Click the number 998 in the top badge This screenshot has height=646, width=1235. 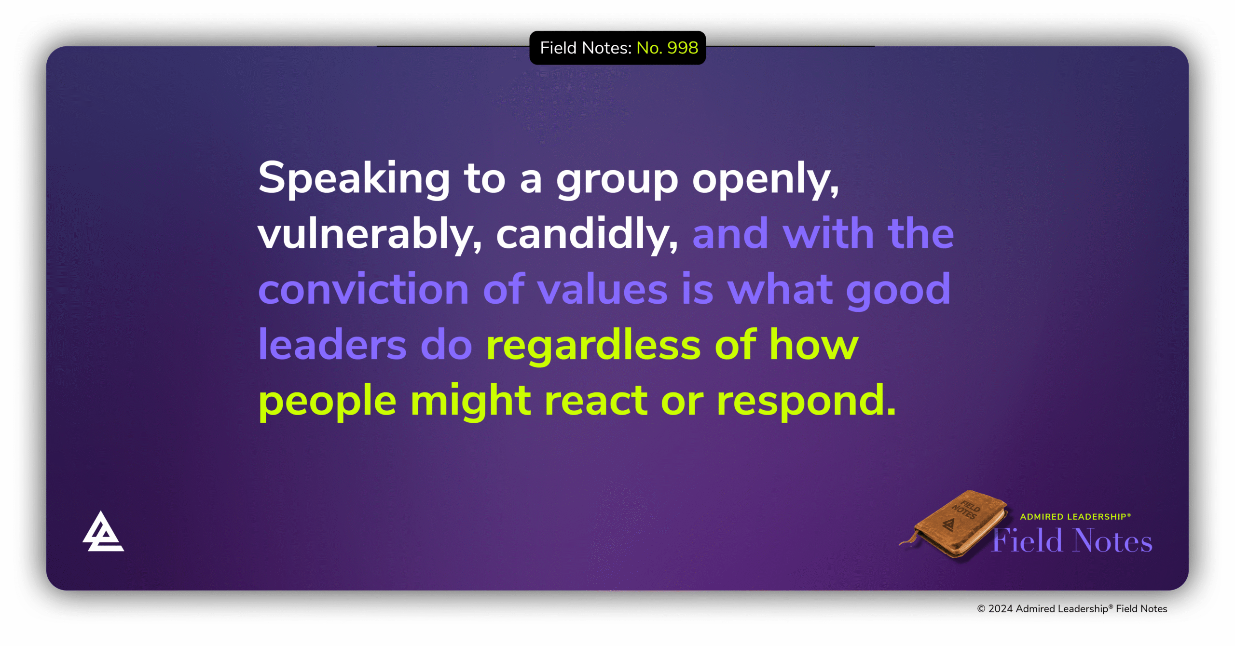[682, 48]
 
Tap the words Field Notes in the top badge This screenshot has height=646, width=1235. [585, 48]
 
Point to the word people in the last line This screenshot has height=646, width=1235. [327, 401]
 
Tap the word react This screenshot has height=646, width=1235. [596, 401]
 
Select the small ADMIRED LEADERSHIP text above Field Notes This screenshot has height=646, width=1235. [1075, 517]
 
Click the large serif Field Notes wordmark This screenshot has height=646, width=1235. [1072, 541]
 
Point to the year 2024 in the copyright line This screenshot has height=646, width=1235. [1000, 609]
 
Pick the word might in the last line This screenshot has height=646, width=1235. [470, 401]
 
